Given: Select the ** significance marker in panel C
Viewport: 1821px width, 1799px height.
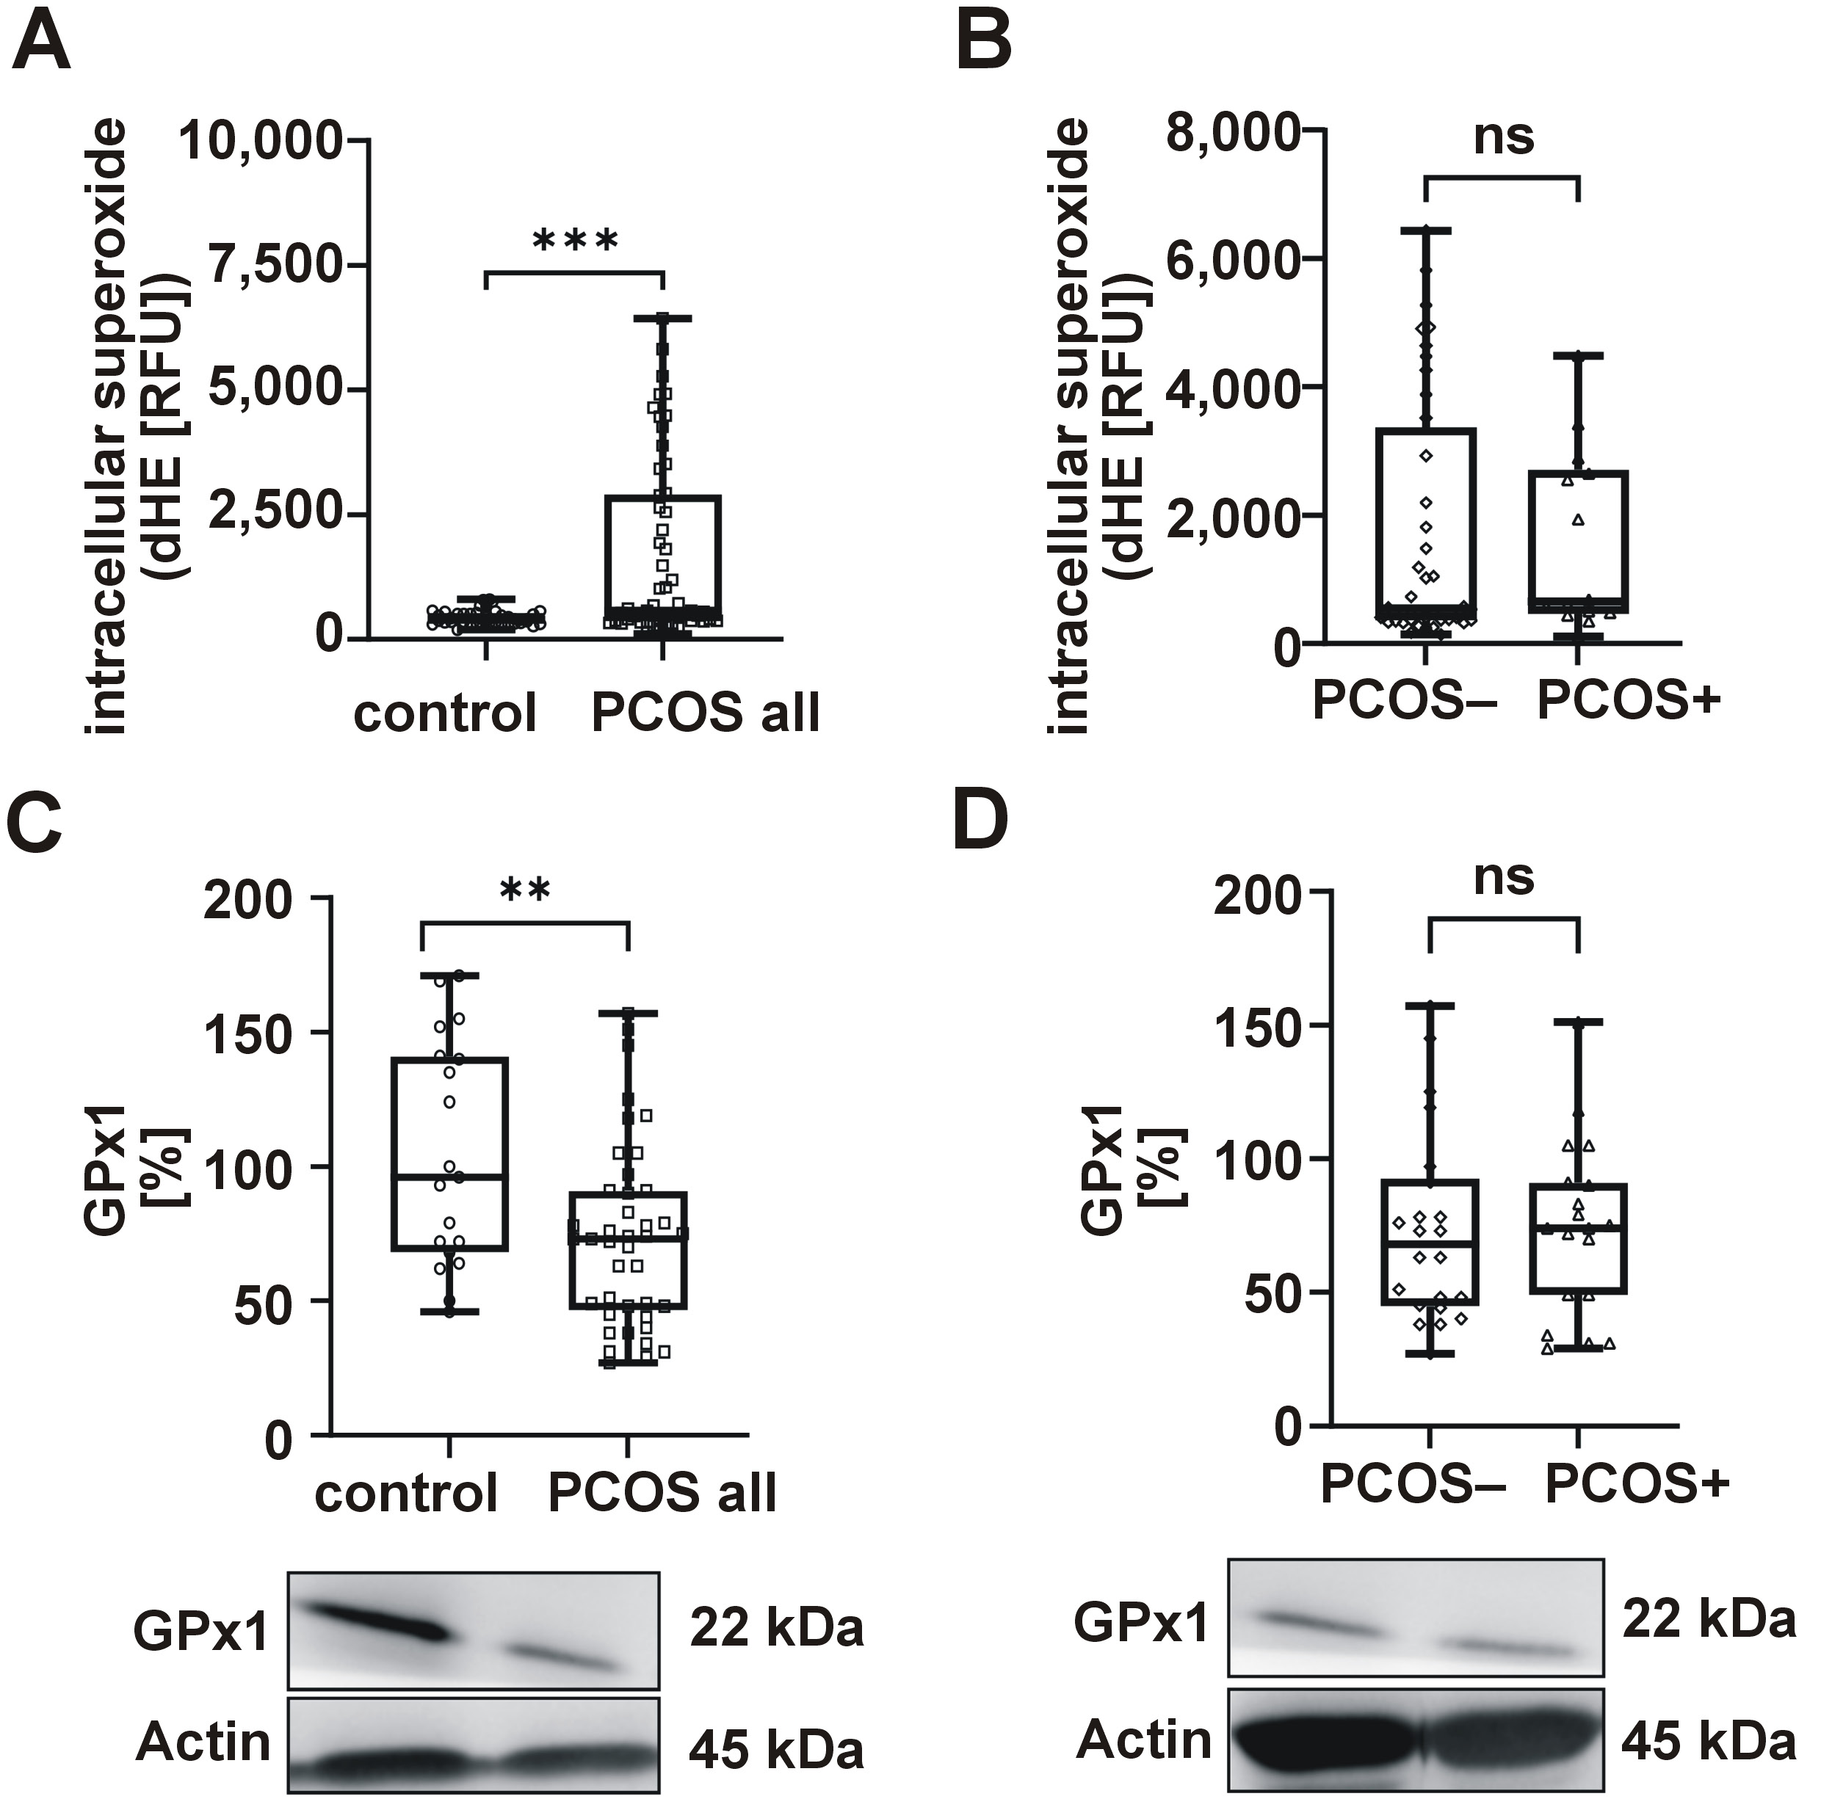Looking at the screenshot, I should [x=525, y=890].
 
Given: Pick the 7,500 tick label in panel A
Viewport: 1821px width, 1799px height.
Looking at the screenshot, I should [x=275, y=266].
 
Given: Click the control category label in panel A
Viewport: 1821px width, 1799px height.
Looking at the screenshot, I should [x=445, y=713].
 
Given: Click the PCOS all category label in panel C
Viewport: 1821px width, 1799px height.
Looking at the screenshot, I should [x=662, y=1493].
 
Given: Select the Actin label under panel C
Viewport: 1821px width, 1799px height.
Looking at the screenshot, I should [x=203, y=1742].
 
